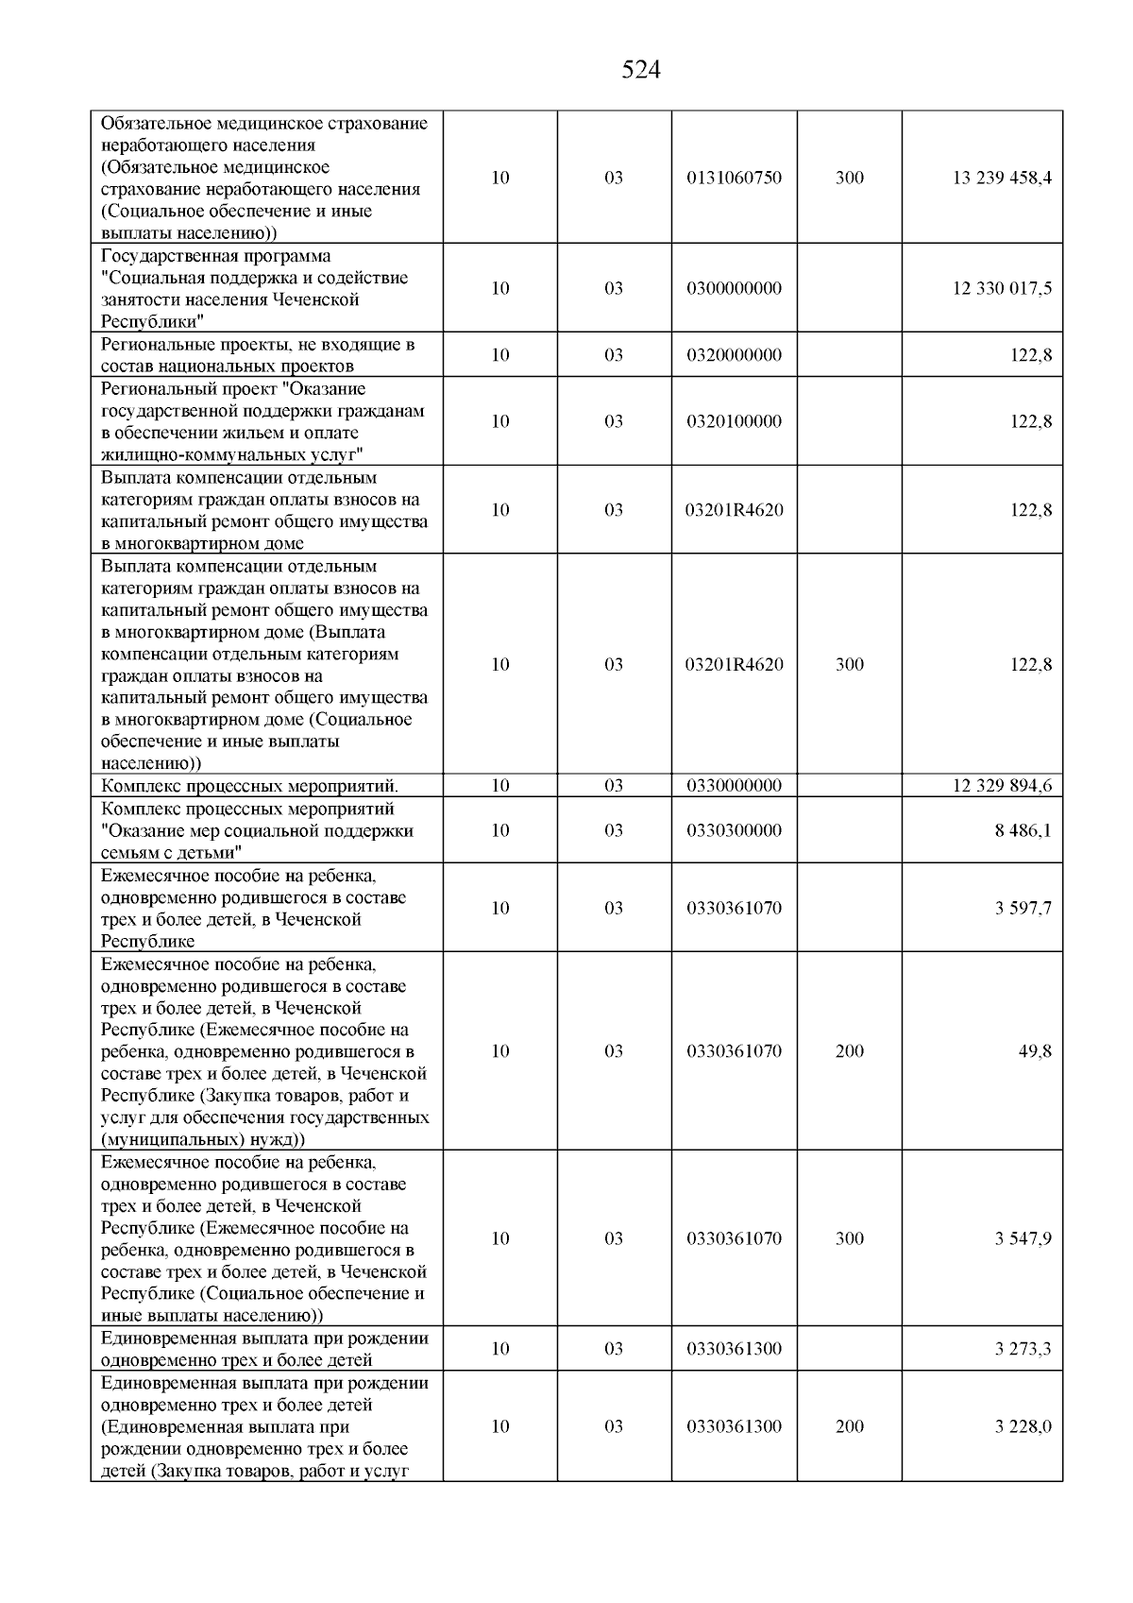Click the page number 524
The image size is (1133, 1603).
(x=641, y=70)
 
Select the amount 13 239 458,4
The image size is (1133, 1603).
(x=1002, y=178)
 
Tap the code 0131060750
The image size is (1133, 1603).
(x=734, y=178)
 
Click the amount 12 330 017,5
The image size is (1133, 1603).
(x=1002, y=288)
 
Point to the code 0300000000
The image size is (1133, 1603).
(x=734, y=288)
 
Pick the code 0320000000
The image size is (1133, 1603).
(x=734, y=355)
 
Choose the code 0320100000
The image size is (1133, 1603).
(x=734, y=421)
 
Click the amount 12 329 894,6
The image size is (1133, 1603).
(x=1002, y=786)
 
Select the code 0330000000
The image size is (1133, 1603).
(x=734, y=786)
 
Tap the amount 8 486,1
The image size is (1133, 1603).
(x=1023, y=830)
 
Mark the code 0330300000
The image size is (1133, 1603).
(x=734, y=830)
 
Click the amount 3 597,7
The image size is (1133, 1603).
(x=1023, y=908)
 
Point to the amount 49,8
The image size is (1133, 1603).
(x=1035, y=1051)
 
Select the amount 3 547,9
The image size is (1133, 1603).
(x=1023, y=1238)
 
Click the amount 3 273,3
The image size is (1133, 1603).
(x=1023, y=1349)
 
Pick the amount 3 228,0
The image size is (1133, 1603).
(x=1023, y=1426)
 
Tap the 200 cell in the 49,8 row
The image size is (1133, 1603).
(x=849, y=1051)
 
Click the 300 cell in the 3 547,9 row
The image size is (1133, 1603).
(x=849, y=1238)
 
